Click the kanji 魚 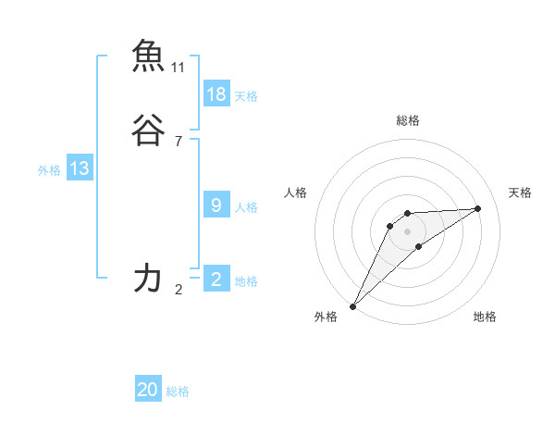[149, 56]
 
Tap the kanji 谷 [149, 131]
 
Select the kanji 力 [149, 279]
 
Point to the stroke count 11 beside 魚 [179, 68]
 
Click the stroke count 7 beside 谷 [179, 142]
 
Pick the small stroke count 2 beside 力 [179, 290]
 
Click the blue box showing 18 [216, 94]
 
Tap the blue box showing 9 [216, 205]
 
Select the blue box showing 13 [80, 168]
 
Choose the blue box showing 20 [148, 391]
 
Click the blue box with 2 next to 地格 [216, 280]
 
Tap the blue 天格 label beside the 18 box [246, 96]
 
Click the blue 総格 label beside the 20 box [178, 392]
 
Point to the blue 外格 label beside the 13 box [49, 170]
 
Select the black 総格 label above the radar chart [407, 120]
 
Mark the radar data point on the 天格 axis [478, 208]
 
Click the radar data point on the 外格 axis [352, 305]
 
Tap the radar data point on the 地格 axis [419, 246]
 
